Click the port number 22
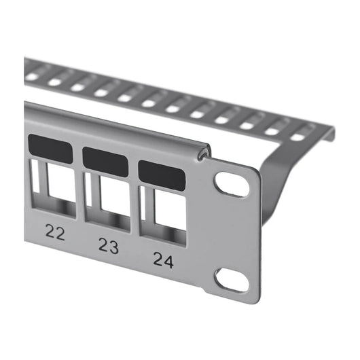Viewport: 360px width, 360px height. coord(56,233)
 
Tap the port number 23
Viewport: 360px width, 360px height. coord(108,245)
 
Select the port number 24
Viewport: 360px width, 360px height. coord(163,259)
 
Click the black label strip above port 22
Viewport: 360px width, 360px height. coord(50,149)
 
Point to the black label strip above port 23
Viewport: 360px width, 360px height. coord(105,160)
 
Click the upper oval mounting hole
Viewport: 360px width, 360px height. coord(232,183)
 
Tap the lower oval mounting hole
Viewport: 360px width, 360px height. coord(232,278)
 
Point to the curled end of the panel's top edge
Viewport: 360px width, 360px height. coord(202,156)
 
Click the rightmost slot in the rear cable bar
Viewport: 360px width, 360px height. coord(298,137)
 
